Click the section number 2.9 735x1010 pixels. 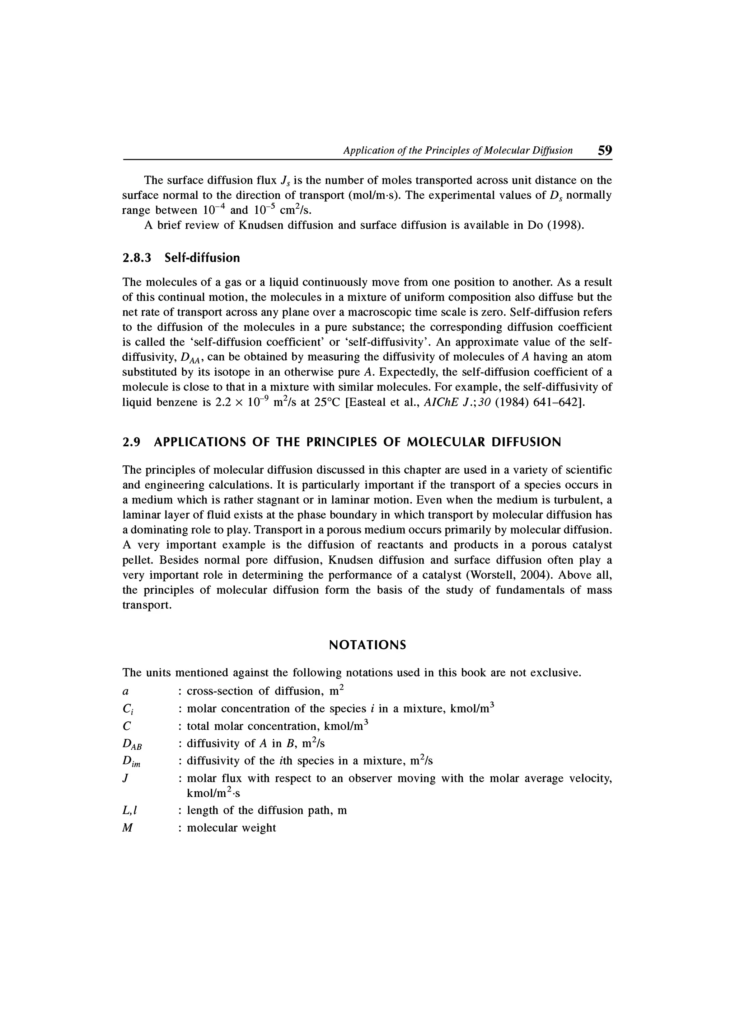[131, 442]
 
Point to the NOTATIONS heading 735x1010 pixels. [367, 645]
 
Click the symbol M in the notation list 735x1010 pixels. [127, 828]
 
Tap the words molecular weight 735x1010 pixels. [231, 828]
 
